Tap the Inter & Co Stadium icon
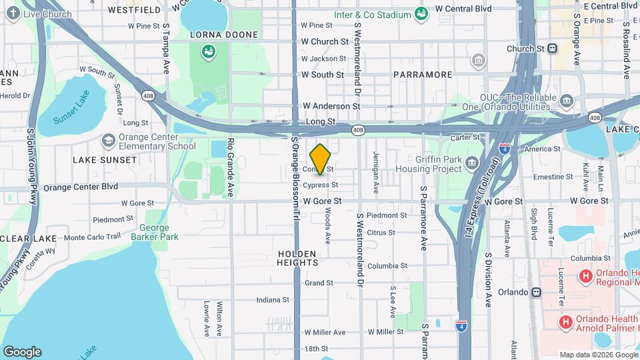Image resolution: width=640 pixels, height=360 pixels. click(x=421, y=13)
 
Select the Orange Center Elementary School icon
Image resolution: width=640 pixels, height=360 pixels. click(x=108, y=141)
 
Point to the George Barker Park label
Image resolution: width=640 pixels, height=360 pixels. click(x=155, y=231)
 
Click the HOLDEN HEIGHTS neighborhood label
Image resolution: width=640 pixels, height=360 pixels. click(x=297, y=257)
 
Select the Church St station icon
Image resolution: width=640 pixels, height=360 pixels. click(x=552, y=49)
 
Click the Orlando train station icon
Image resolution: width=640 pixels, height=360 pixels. click(x=537, y=292)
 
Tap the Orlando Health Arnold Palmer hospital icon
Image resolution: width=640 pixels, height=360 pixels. click(x=565, y=323)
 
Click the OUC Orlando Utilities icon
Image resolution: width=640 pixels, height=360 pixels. click(x=567, y=101)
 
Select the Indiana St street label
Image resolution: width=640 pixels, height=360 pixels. click(x=272, y=300)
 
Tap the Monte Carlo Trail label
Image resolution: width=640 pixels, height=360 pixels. click(x=92, y=237)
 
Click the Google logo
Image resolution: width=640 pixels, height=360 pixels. click(x=22, y=351)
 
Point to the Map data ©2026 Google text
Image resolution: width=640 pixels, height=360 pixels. click(x=597, y=355)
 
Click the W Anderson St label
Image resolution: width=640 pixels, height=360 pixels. click(x=331, y=106)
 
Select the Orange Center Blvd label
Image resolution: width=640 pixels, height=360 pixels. click(x=81, y=187)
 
